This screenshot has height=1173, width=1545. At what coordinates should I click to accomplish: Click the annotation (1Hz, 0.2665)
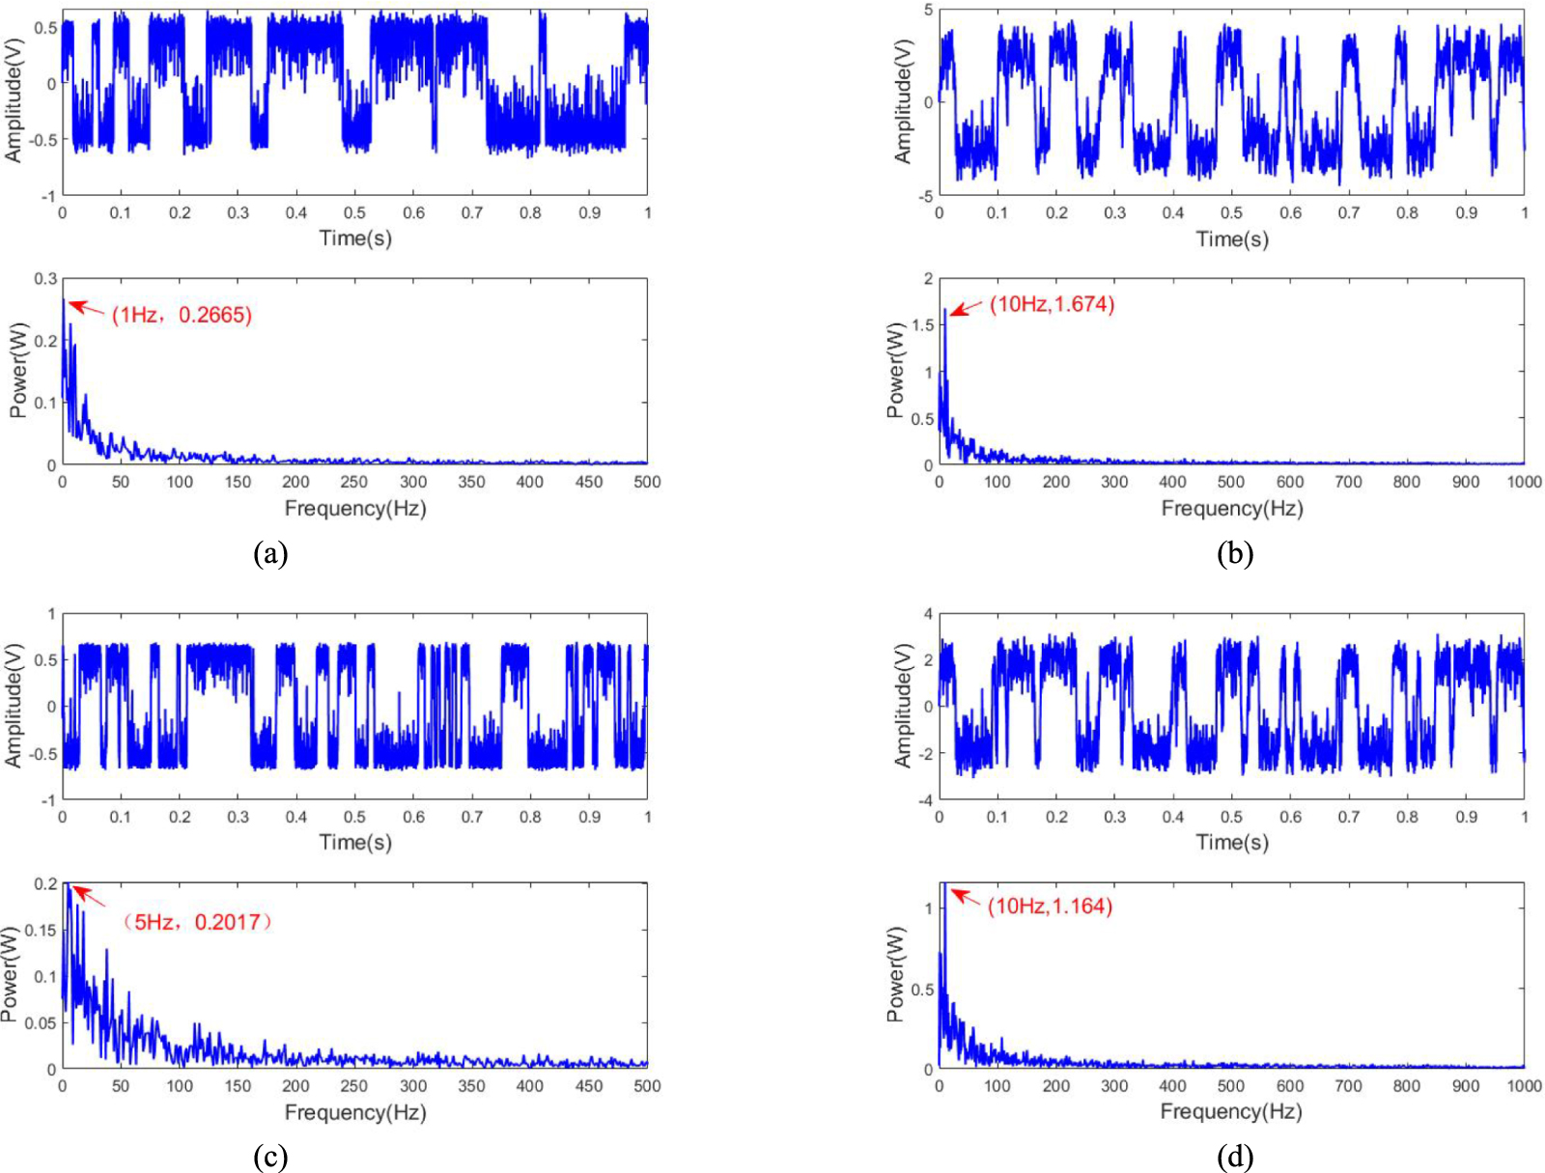(182, 315)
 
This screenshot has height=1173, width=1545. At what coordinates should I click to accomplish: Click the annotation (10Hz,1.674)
(1052, 305)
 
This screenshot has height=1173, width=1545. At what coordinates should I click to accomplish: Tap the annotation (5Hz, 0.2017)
(197, 922)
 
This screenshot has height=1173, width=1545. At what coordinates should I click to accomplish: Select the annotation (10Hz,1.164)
(1050, 907)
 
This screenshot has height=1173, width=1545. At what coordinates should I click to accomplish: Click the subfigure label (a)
(270, 553)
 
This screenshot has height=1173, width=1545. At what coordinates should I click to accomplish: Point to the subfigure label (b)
(1235, 553)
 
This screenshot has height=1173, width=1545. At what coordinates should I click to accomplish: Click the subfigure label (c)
(270, 1157)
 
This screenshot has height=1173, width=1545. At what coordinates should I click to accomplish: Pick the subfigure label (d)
(1235, 1157)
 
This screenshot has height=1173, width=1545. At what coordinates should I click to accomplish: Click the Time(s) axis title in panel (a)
(355, 238)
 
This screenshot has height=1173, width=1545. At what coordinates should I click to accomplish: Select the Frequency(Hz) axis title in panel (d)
(1231, 1112)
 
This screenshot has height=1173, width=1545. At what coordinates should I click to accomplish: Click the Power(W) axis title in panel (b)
(895, 372)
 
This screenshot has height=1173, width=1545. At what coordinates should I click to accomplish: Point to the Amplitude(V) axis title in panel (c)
(13, 706)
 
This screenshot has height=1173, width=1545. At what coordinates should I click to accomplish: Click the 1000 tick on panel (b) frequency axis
(1524, 482)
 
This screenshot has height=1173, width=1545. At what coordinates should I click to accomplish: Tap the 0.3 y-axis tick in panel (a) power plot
(45, 279)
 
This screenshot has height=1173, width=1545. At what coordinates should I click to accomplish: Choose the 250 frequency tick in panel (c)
(354, 1086)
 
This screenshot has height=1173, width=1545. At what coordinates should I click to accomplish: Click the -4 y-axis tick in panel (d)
(924, 800)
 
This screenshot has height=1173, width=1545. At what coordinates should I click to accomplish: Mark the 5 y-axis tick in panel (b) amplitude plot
(928, 10)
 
